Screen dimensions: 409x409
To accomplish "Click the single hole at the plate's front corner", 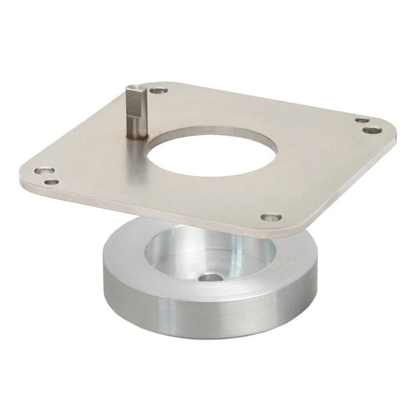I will [x=267, y=217].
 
